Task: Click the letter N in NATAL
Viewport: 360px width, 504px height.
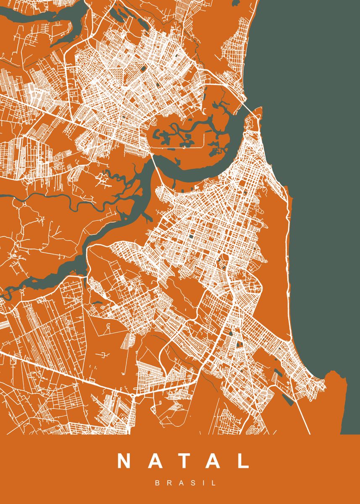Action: point(125,461)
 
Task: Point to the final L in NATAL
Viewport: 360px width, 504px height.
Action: point(242,461)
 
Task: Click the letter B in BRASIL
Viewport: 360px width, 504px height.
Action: point(158,483)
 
